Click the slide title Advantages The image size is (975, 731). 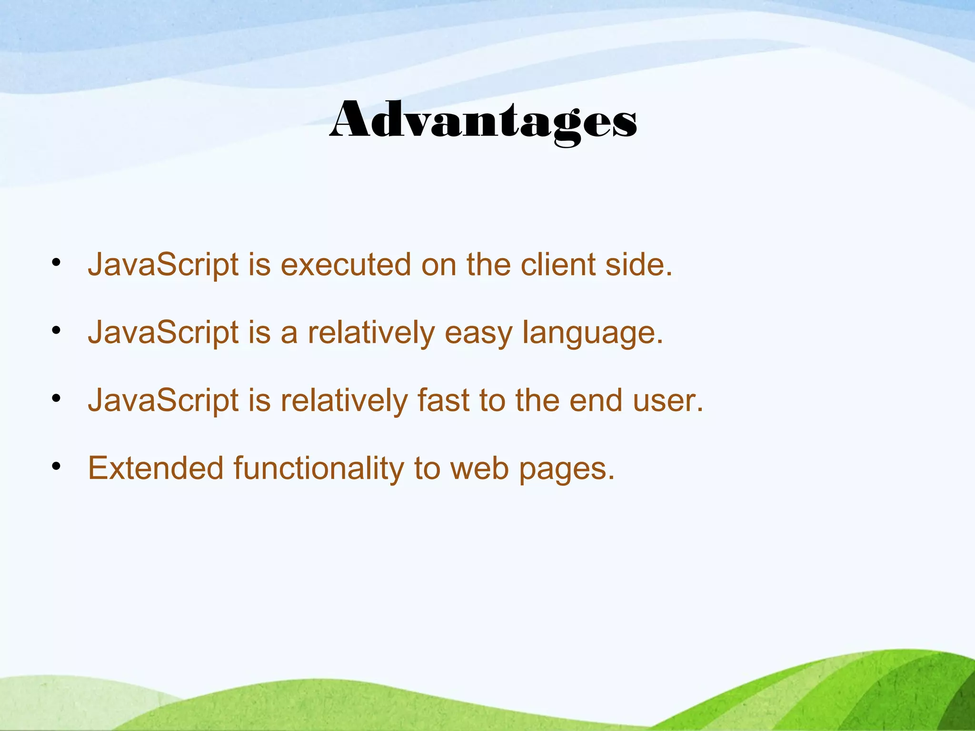pyautogui.click(x=483, y=121)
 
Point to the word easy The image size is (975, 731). pyautogui.click(x=478, y=333)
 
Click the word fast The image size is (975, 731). pyautogui.click(x=443, y=401)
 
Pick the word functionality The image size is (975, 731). pyautogui.click(x=318, y=469)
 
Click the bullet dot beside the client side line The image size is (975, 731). pyautogui.click(x=57, y=263)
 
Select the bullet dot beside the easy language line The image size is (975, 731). pyautogui.click(x=57, y=331)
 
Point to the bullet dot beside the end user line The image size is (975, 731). pyautogui.click(x=57, y=399)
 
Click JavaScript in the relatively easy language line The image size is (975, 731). pyautogui.click(x=163, y=333)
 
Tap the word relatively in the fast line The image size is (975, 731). pyautogui.click(x=344, y=401)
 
